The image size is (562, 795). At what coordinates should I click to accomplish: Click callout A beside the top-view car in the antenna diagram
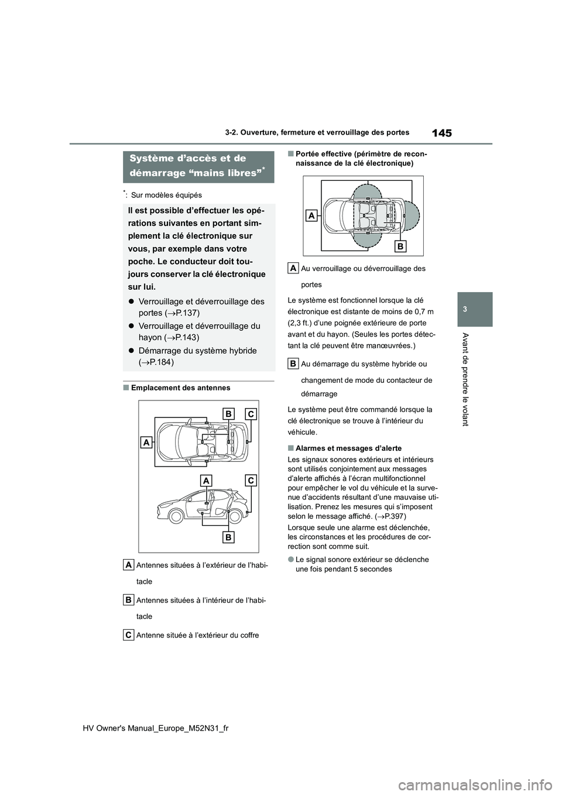(x=146, y=443)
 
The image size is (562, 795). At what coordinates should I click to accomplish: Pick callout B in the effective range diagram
(x=400, y=246)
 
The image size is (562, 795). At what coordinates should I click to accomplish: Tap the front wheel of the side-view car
(x=176, y=516)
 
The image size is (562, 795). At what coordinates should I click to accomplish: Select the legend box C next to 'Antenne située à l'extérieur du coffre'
(x=129, y=635)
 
